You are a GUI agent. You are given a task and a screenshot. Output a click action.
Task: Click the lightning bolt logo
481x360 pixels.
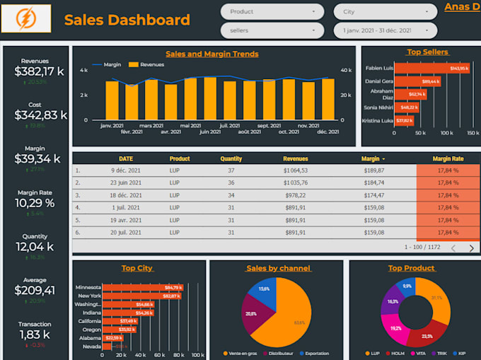click(26, 18)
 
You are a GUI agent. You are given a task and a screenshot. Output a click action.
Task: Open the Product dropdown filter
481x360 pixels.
click(272, 12)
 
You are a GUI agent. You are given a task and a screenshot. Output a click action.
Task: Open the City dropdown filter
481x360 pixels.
click(385, 12)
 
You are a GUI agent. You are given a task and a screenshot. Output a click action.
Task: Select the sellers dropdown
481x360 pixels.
click(272, 30)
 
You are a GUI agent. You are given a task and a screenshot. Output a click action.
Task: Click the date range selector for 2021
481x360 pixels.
click(385, 30)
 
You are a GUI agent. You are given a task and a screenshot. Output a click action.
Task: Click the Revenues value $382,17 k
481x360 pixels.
click(35, 71)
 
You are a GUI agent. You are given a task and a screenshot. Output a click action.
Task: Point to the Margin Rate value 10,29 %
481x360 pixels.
click(35, 203)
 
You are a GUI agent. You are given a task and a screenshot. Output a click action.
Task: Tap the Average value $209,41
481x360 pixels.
click(35, 290)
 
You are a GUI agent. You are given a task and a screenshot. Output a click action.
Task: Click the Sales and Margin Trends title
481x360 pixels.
click(212, 54)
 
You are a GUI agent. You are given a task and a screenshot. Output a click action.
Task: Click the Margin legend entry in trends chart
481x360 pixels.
click(107, 64)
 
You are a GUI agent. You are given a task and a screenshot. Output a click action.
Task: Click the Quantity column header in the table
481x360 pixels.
click(231, 159)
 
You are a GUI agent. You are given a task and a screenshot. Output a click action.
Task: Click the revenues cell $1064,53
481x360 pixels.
click(295, 170)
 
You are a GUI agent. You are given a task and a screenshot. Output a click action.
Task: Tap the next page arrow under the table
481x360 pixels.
click(472, 248)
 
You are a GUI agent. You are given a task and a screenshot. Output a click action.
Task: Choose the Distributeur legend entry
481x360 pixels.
click(282, 353)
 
